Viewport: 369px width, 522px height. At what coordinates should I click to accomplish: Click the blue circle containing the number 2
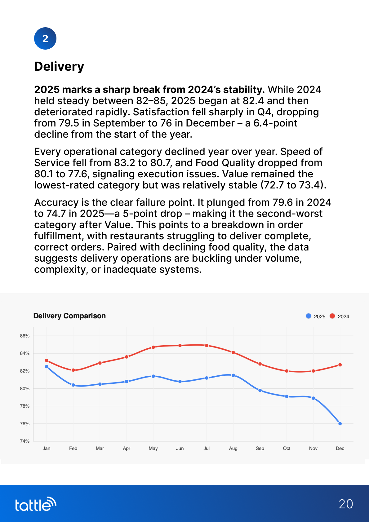[x=45, y=38]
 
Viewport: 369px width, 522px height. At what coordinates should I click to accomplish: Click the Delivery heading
[x=59, y=67]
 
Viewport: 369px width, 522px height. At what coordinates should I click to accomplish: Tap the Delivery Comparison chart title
[x=69, y=316]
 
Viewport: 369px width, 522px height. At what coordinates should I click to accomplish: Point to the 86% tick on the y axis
[x=25, y=336]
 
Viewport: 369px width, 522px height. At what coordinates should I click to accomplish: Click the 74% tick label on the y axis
[x=25, y=441]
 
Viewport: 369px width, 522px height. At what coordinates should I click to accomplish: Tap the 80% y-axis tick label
[x=25, y=388]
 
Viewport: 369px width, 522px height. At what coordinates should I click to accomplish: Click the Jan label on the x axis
[x=47, y=448]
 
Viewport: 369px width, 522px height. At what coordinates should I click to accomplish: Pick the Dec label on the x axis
[x=340, y=448]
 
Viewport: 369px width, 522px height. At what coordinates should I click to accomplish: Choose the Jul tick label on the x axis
[x=207, y=448]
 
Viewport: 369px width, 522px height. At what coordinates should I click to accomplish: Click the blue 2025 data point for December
[x=340, y=424]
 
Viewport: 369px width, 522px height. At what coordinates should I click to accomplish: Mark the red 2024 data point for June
[x=180, y=345]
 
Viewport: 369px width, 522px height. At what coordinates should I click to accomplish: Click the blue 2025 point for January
[x=47, y=366]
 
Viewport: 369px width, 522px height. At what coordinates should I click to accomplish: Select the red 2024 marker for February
[x=73, y=370]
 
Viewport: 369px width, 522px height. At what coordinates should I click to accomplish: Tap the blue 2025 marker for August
[x=233, y=375]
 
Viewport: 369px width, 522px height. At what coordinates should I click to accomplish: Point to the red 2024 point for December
[x=340, y=365]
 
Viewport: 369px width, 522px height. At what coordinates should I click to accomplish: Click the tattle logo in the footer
[x=36, y=504]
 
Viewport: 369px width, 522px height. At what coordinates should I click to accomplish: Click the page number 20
[x=346, y=504]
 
